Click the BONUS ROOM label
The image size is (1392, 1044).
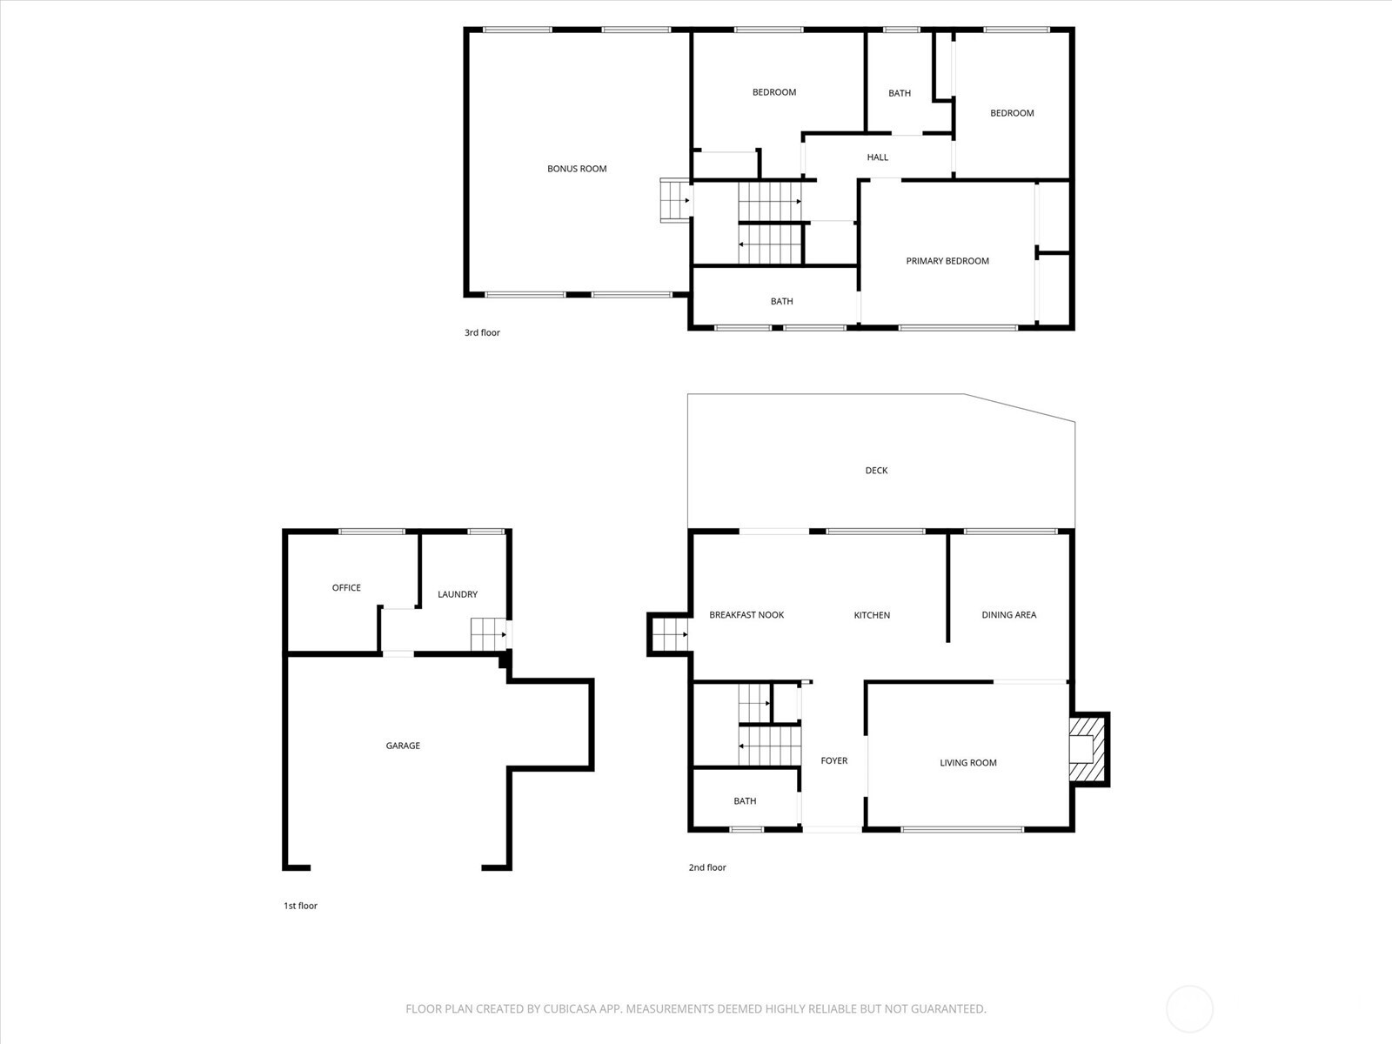click(x=577, y=169)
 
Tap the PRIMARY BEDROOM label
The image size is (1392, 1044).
click(x=947, y=261)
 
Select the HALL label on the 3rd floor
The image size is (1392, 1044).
click(x=877, y=157)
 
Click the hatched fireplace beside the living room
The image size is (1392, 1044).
click(x=1087, y=749)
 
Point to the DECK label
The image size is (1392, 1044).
click(x=876, y=471)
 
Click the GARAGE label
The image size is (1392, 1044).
click(x=403, y=746)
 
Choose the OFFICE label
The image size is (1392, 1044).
click(x=346, y=588)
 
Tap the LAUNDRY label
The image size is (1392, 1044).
click(x=458, y=595)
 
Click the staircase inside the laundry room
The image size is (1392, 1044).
click(x=488, y=634)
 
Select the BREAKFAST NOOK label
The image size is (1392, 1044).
click(x=746, y=615)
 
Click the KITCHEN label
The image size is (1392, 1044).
click(x=872, y=615)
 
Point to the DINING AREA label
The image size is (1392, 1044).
click(x=1008, y=615)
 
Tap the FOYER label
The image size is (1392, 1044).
click(x=833, y=761)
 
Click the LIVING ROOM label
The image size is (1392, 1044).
click(x=967, y=763)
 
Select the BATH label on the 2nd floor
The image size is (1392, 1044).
click(x=745, y=801)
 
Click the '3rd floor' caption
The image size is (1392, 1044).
click(x=482, y=333)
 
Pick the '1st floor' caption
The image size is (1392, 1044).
click(x=300, y=907)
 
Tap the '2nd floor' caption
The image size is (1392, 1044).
click(x=707, y=867)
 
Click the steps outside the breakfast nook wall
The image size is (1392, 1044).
click(x=669, y=634)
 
